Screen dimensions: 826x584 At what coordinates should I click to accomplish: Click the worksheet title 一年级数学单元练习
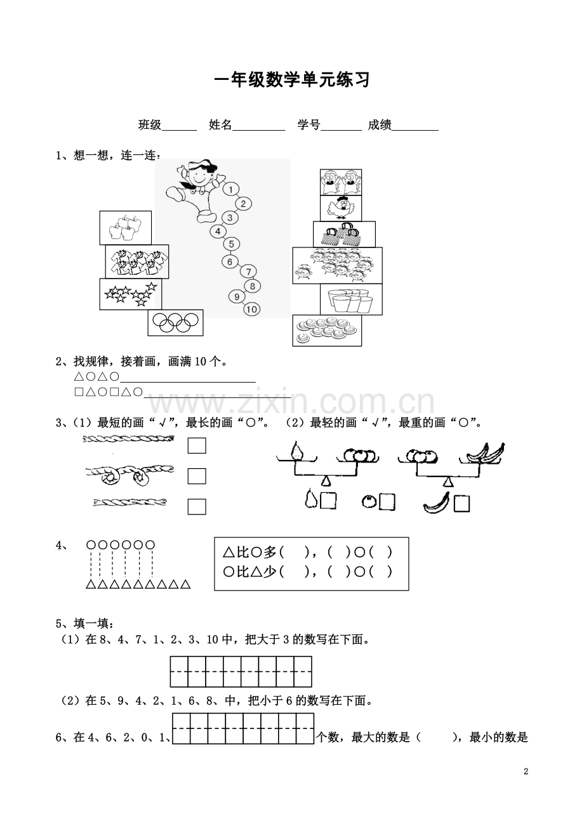291,81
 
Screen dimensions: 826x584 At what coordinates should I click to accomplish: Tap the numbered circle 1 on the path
230,189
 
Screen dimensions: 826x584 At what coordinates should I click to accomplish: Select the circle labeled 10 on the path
252,310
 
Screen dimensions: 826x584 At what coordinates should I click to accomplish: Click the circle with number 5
232,244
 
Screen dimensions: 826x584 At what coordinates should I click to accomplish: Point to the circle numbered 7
248,272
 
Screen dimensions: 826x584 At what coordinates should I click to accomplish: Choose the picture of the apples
125,228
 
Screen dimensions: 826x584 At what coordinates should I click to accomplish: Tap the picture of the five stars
130,294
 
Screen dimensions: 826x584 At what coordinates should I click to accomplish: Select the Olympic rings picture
175,323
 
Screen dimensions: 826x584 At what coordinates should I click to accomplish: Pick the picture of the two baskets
344,234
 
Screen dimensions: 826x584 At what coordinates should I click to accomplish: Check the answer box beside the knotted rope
197,476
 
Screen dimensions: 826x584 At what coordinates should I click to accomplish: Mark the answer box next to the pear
328,501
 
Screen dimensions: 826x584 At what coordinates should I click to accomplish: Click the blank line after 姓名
259,126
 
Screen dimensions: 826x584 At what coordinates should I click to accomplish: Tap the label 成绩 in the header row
379,125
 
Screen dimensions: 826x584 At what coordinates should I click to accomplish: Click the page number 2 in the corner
526,771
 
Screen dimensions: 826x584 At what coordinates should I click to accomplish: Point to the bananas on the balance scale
486,453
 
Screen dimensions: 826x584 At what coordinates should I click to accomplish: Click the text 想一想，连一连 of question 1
114,156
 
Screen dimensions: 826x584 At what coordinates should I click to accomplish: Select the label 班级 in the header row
150,125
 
